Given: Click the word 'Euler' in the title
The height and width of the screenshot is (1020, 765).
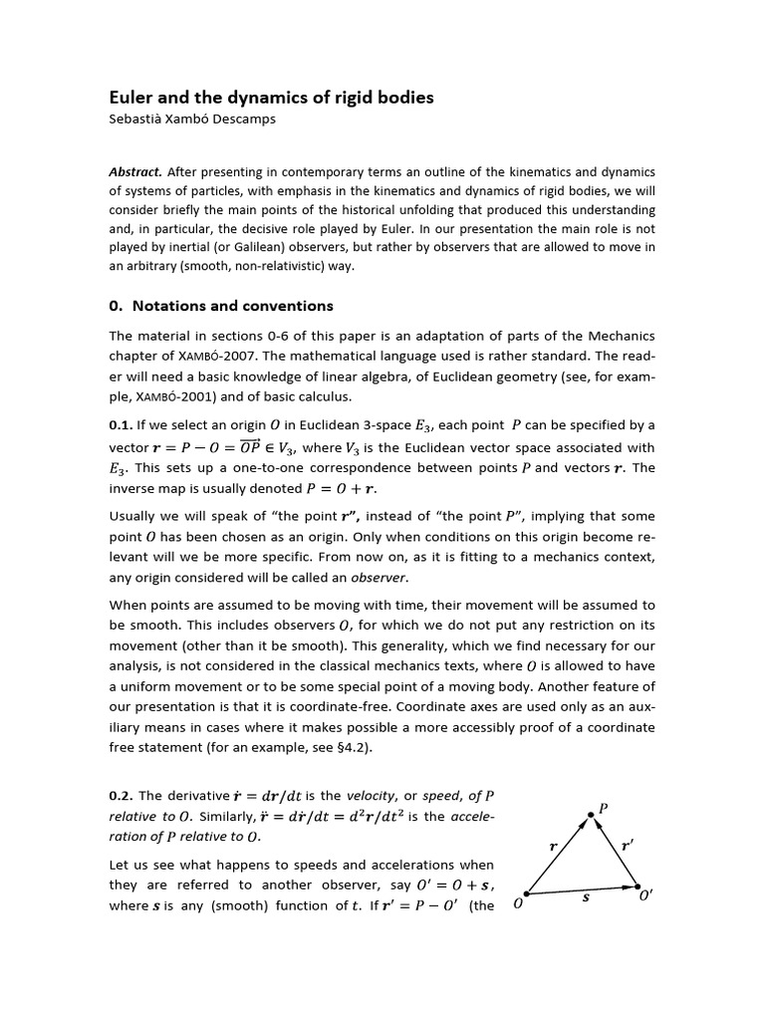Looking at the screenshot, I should coord(131,98).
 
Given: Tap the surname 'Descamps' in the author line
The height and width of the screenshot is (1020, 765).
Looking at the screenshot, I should coord(244,120).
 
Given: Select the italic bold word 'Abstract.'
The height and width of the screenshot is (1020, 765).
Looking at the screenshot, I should coord(136,170).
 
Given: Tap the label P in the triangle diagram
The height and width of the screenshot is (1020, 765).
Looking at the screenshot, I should coord(603,805).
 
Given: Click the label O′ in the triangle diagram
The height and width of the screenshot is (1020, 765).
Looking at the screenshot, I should coord(645,895).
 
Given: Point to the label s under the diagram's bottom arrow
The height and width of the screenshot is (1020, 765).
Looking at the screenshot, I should coord(585,896).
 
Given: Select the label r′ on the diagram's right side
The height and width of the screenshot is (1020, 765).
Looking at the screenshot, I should coord(627,844).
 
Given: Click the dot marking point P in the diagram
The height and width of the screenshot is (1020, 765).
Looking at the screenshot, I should coord(591,815).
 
